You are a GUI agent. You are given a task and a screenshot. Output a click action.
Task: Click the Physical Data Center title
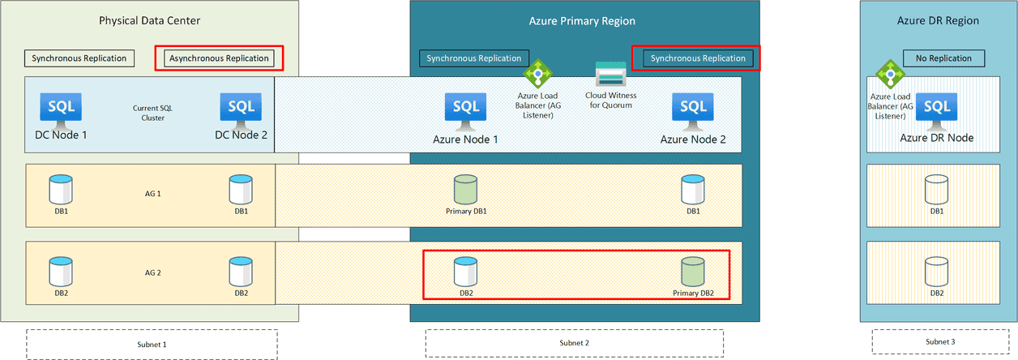pyautogui.click(x=149, y=20)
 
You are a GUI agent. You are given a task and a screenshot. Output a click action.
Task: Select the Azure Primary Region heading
pyautogui.click(x=584, y=21)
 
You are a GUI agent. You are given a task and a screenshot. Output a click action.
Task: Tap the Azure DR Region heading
pyautogui.click(x=938, y=21)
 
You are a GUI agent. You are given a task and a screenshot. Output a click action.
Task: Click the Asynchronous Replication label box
pyautogui.click(x=219, y=58)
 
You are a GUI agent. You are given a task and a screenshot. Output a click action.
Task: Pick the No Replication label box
pyautogui.click(x=943, y=58)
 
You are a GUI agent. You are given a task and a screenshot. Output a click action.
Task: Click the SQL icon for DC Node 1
pyautogui.click(x=61, y=109)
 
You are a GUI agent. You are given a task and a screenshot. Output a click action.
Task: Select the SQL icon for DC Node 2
pyautogui.click(x=241, y=109)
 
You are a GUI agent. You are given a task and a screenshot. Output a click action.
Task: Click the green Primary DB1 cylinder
pyautogui.click(x=466, y=190)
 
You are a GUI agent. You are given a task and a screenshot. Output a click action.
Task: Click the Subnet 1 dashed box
pyautogui.click(x=152, y=343)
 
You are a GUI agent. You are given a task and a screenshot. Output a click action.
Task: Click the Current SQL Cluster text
pyautogui.click(x=148, y=112)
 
